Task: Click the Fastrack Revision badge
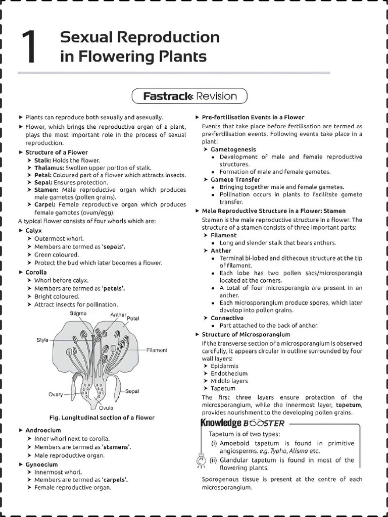(x=189, y=96)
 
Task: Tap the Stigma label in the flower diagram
(x=78, y=314)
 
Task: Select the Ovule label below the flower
(x=106, y=408)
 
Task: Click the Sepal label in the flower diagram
(x=132, y=391)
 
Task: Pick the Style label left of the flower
(x=42, y=340)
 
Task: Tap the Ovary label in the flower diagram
(x=56, y=395)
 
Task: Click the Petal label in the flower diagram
(x=133, y=319)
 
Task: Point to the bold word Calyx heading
(x=34, y=230)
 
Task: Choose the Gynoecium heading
(x=41, y=464)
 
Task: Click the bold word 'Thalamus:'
(x=49, y=168)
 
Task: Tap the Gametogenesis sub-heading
(x=233, y=149)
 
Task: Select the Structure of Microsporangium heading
(x=246, y=334)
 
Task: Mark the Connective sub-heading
(x=227, y=318)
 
